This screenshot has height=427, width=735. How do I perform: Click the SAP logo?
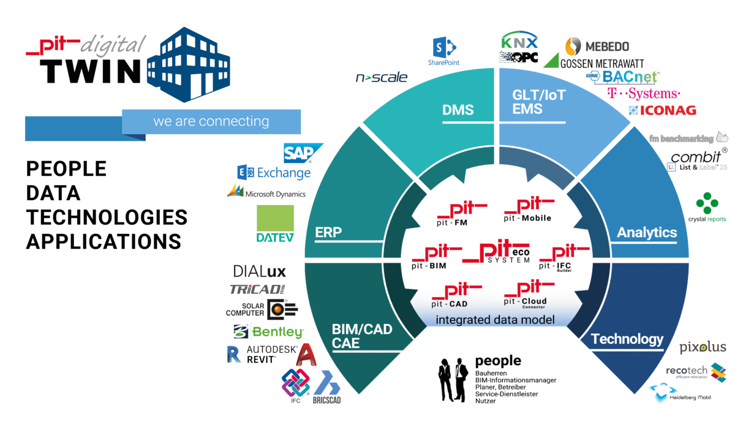pos(302,153)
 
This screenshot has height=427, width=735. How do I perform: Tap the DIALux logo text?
pos(260,271)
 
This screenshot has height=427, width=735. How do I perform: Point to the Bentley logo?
pos(269,332)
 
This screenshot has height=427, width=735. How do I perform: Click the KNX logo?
pos(519,42)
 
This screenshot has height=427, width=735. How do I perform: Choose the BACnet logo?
pos(622,77)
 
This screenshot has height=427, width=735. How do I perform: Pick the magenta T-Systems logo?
pos(643,94)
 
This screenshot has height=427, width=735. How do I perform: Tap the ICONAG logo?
pos(663,110)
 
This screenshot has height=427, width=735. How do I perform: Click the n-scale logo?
pos(382,78)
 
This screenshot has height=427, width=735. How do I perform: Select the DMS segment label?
pos(458,110)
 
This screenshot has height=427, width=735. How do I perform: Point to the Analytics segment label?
pos(646,233)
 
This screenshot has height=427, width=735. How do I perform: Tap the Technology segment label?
pos(627,339)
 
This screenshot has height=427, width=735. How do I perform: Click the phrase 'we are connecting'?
pos(211,121)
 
